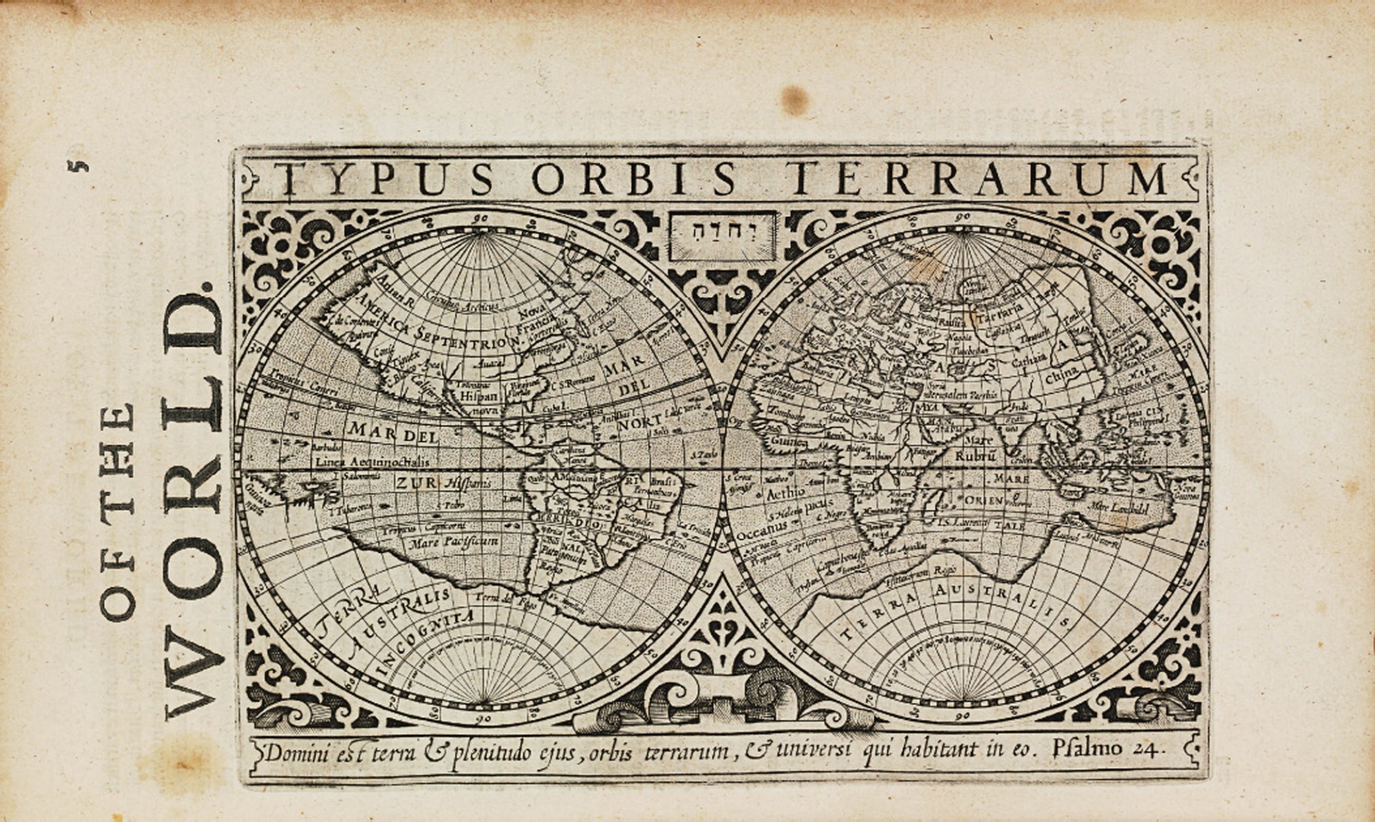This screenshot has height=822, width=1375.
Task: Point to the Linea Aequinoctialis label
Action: click(x=372, y=461)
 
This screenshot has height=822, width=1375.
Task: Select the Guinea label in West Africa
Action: click(x=789, y=443)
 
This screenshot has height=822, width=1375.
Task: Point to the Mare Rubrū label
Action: click(x=977, y=448)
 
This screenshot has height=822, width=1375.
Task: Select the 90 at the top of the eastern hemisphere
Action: click(x=963, y=217)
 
